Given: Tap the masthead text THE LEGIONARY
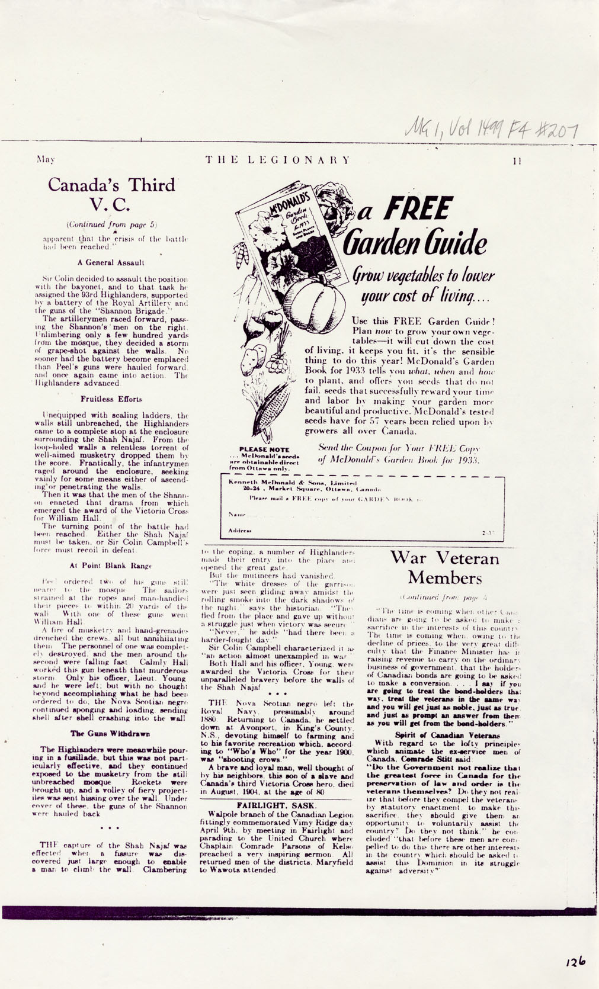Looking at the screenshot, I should click(278, 160).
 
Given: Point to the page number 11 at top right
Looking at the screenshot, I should click(517, 160).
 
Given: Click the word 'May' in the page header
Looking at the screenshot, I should click(46, 159).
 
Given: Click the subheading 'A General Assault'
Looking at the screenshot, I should click(111, 262).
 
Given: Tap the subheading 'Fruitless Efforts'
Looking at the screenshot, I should click(111, 399).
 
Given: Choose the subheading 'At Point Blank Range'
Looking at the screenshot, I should click(111, 566).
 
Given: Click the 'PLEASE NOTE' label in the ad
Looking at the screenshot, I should click(264, 450).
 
